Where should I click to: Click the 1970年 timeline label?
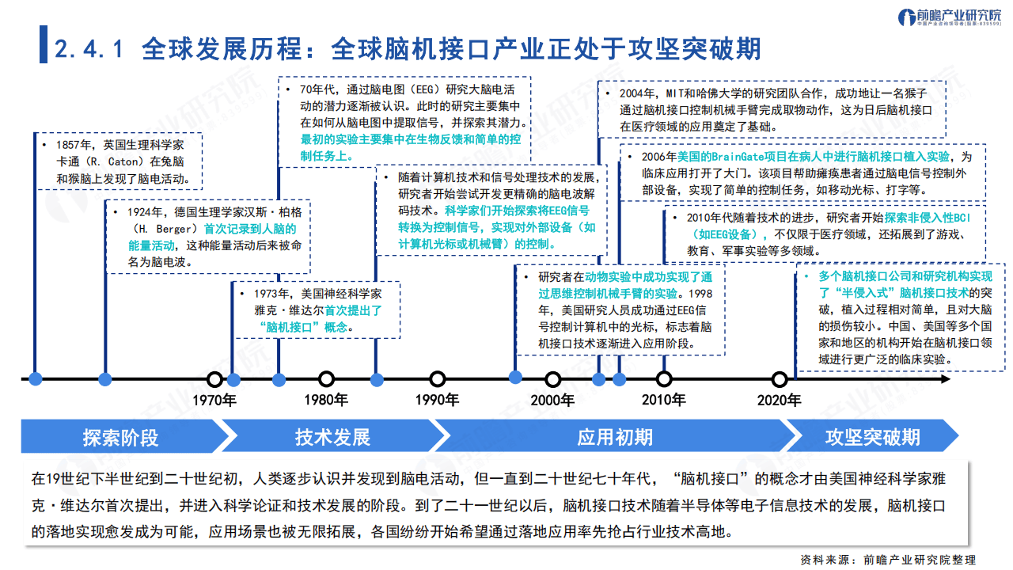click(214, 400)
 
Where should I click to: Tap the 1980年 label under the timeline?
click(326, 400)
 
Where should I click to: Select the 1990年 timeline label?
click(437, 400)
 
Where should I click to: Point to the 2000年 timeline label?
click(552, 400)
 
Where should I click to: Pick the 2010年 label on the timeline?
click(663, 400)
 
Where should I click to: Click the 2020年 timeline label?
click(780, 400)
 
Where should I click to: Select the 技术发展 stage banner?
click(332, 437)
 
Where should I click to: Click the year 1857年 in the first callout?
click(76, 145)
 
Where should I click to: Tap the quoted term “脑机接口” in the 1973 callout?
click(290, 327)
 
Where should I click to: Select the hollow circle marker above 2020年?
click(780, 379)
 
